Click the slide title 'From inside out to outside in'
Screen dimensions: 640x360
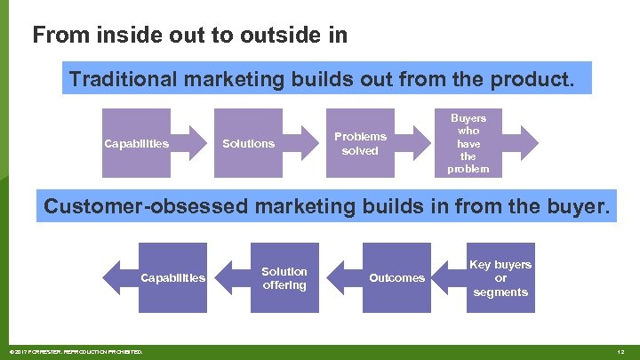[x=189, y=36]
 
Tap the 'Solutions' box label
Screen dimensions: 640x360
[x=248, y=144]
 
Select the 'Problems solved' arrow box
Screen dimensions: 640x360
[x=360, y=143]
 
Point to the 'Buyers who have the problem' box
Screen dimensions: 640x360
[x=468, y=142]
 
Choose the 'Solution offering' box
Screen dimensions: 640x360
[x=284, y=278]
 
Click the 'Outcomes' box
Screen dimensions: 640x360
[x=396, y=278]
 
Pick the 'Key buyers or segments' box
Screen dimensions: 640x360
[x=500, y=278]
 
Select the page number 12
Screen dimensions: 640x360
[x=623, y=353]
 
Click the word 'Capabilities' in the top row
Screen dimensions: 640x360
[x=136, y=144]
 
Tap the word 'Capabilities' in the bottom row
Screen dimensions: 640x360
[x=173, y=278]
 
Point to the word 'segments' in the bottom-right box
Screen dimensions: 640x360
[x=500, y=292]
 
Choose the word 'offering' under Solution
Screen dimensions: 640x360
[x=284, y=285]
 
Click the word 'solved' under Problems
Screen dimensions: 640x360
[x=360, y=151]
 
